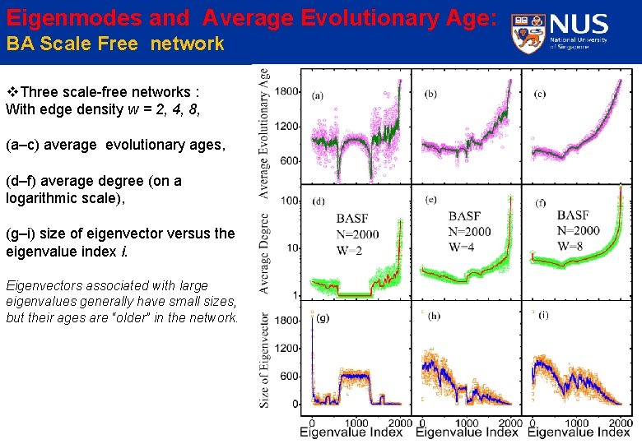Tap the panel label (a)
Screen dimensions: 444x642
pyautogui.click(x=318, y=95)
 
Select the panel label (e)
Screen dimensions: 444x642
pyautogui.click(x=430, y=200)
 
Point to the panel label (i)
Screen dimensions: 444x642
pyautogui.click(x=543, y=316)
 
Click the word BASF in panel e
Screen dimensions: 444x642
pyautogui.click(x=465, y=216)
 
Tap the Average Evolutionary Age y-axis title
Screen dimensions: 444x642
pyautogui.click(x=264, y=132)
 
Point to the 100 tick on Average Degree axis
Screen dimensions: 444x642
pyautogui.click(x=289, y=201)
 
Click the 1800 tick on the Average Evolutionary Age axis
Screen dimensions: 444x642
pyautogui.click(x=286, y=91)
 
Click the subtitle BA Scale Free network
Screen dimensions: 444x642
pyautogui.click(x=114, y=44)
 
